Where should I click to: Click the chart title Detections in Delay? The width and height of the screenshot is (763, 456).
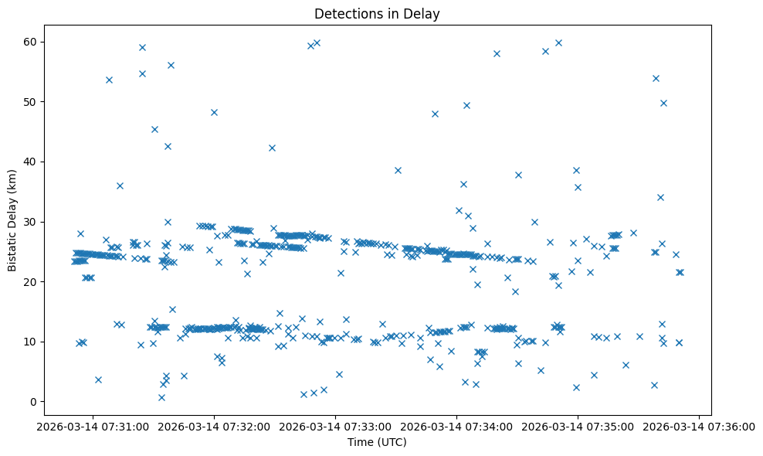tap(377, 13)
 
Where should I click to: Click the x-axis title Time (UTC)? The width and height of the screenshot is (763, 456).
tap(377, 442)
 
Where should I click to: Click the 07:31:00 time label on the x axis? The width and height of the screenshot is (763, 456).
tap(93, 427)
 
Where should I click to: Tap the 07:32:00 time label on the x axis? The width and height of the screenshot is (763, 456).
tap(215, 427)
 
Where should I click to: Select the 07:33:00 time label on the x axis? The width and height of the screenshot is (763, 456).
tap(336, 427)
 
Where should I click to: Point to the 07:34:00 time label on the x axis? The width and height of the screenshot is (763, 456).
tap(457, 427)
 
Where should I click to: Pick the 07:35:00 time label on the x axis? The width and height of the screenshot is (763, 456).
tap(578, 427)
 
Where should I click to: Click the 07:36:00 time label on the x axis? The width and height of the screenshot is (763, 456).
tap(700, 427)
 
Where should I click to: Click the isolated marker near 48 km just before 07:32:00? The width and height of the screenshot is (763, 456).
tap(214, 112)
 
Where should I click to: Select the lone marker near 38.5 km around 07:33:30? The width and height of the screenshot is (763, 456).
tap(398, 170)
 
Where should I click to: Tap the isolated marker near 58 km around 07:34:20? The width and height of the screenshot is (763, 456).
tap(497, 53)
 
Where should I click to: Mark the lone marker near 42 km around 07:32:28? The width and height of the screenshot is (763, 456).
tap(272, 148)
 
